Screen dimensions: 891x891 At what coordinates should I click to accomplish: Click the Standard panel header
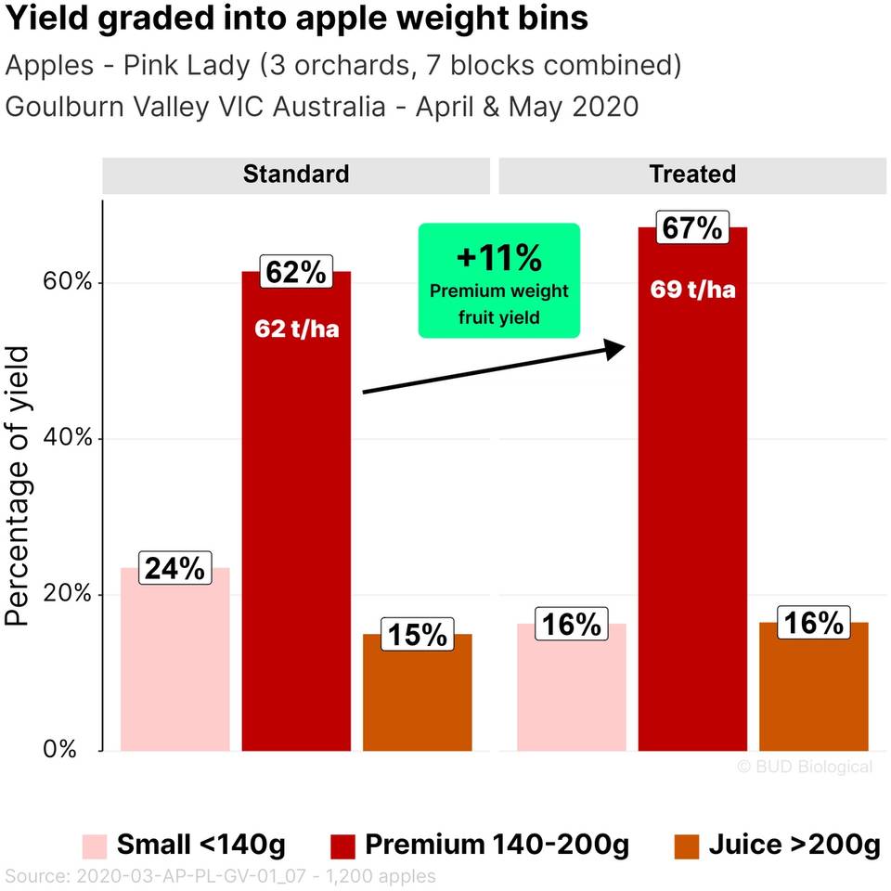click(x=296, y=174)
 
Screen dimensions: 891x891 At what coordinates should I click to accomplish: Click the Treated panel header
click(x=692, y=174)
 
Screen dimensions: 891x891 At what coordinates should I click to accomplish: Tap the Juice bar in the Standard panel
click(x=417, y=696)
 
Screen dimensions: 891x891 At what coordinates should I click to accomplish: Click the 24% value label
click(x=174, y=568)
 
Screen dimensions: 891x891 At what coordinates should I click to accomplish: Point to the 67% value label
click(x=691, y=227)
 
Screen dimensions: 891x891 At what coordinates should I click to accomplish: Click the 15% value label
click(x=417, y=635)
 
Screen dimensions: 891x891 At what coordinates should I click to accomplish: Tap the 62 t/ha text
click(x=296, y=329)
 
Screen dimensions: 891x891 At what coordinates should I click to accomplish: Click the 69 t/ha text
click(x=692, y=290)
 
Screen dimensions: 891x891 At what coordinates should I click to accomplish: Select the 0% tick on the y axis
click(x=61, y=750)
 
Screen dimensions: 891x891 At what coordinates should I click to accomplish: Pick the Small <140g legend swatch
click(x=94, y=846)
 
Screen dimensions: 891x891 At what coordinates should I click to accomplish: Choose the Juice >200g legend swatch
click(x=687, y=846)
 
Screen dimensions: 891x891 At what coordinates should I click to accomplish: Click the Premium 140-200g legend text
click(x=497, y=846)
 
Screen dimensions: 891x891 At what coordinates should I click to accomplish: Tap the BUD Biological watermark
click(x=804, y=767)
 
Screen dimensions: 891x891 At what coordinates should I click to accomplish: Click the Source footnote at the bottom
click(x=220, y=875)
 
